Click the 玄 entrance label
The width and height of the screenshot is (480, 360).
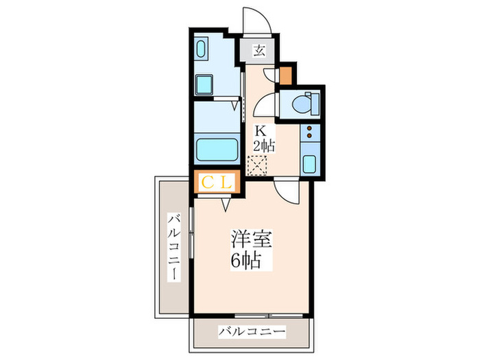coord(260,51)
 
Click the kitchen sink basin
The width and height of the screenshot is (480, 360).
coord(309,165)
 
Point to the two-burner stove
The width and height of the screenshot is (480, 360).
coord(309,132)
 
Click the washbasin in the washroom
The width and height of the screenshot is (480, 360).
coord(204,49)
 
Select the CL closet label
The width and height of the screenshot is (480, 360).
coord(217,182)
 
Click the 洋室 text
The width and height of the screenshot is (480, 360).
coord(250,240)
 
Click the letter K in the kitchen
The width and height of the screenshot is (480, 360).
coord(261,130)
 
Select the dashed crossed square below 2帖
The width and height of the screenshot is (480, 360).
coord(259,165)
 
